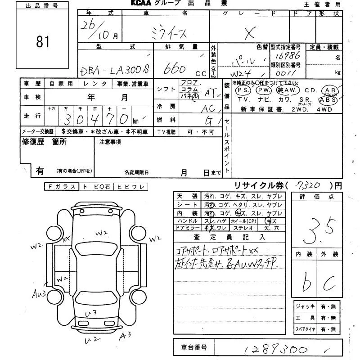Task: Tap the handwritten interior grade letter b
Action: coord(307,283)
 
